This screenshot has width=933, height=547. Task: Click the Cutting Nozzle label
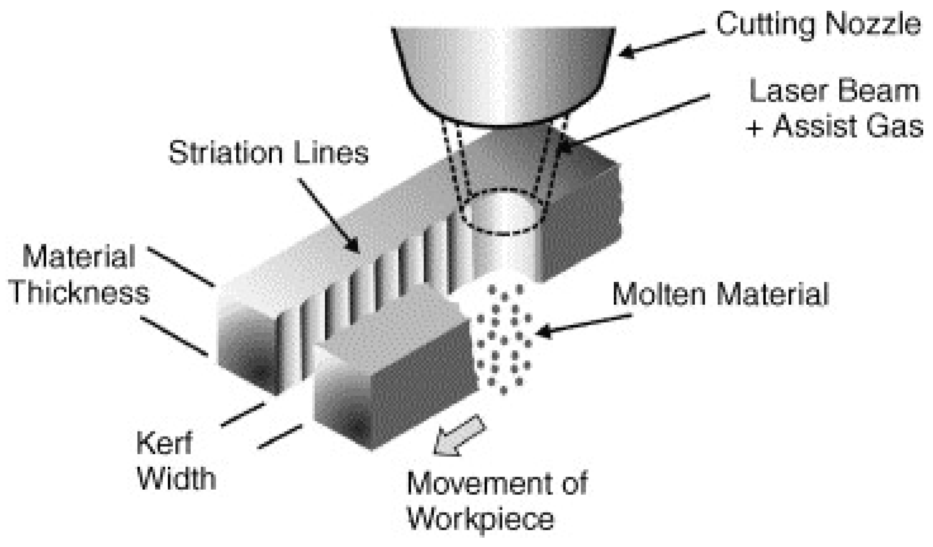coord(818,24)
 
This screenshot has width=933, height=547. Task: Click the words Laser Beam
coord(834,91)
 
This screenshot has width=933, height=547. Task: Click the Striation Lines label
coord(268,153)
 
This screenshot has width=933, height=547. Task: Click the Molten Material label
coord(720,294)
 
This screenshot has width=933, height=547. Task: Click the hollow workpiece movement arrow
coord(460,435)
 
